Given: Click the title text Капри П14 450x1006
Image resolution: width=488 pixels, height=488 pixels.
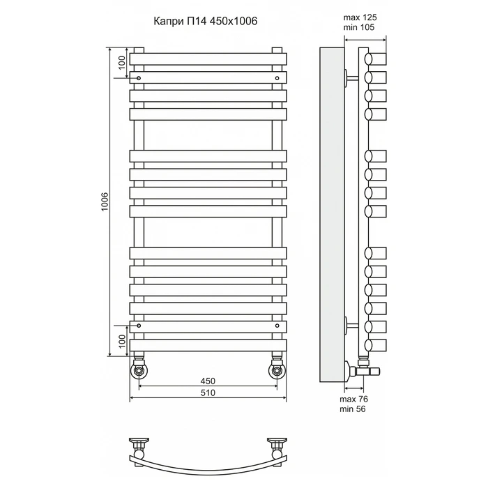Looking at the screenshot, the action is tap(206, 21).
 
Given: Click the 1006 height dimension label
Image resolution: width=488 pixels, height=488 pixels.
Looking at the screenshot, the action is tap(105, 201).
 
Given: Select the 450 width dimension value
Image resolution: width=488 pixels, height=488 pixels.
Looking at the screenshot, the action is tap(208, 381).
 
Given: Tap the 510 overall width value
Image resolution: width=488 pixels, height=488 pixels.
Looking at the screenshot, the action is tap(208, 392).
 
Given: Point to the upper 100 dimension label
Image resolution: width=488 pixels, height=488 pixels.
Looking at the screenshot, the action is tap(122, 62).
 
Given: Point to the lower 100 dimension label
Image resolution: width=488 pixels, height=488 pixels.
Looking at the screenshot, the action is tap(122, 341).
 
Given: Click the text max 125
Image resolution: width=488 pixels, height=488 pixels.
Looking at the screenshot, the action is tap(360, 17).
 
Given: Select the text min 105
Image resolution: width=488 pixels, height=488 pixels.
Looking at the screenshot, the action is tap(359, 27).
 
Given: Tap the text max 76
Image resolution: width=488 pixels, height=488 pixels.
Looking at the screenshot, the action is tap(354, 399).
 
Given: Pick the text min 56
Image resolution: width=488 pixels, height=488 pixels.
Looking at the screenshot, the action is tap(353, 409).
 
